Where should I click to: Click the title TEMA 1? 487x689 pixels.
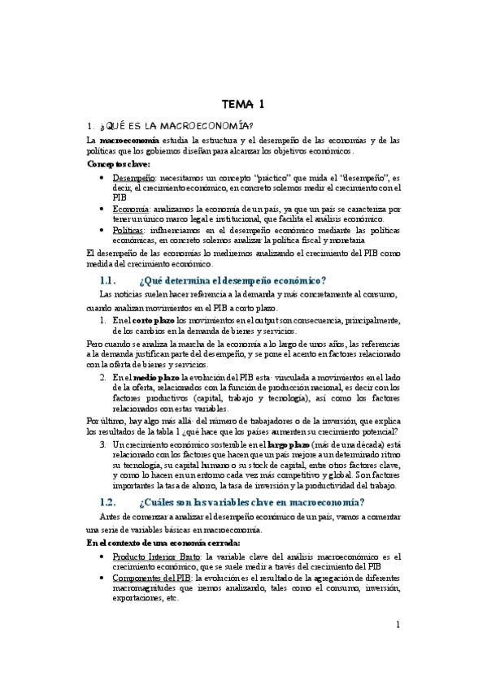(x=243, y=103)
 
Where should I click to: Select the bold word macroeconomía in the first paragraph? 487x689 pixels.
(x=124, y=140)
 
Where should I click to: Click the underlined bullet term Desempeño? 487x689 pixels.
(x=134, y=176)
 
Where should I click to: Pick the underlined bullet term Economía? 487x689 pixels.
(x=131, y=209)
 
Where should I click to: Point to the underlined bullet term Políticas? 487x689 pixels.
(x=130, y=231)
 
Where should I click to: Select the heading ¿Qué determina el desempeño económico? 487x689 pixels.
(x=233, y=280)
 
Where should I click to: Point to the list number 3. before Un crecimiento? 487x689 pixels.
(x=103, y=445)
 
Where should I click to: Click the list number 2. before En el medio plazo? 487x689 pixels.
(x=103, y=377)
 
